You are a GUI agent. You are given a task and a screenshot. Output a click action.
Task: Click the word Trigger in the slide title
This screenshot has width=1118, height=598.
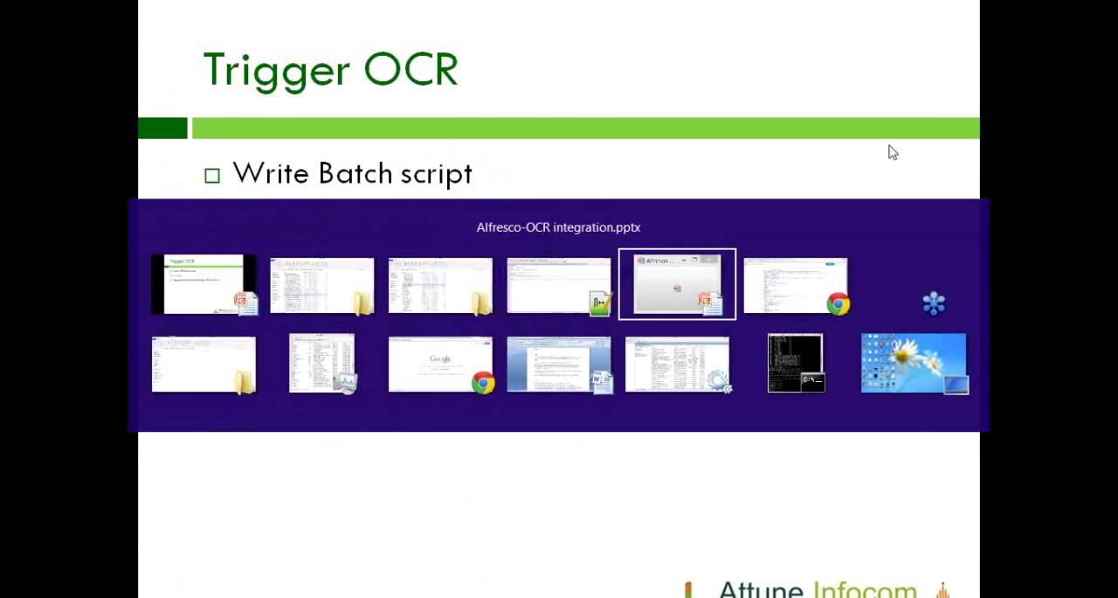[x=275, y=71]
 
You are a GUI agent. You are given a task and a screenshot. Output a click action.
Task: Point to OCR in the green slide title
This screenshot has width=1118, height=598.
[x=411, y=71]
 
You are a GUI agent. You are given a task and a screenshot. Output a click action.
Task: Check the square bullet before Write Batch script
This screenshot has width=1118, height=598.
[x=212, y=176]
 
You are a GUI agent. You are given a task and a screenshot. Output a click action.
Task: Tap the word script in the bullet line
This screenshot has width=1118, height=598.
[x=436, y=174]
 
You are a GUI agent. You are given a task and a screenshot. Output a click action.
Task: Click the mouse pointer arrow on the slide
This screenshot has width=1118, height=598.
[x=893, y=152]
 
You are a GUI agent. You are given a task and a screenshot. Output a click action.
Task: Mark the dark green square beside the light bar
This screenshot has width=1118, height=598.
[x=162, y=129]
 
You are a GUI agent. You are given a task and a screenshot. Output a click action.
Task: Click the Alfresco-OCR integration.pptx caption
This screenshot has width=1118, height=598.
[x=558, y=227]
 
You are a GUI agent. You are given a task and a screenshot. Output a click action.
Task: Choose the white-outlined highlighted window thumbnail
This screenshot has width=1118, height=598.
[x=677, y=284]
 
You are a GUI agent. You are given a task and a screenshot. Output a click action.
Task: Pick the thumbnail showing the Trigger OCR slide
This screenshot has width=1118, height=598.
[x=203, y=284]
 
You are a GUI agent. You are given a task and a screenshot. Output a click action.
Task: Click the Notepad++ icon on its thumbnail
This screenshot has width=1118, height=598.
[x=601, y=303]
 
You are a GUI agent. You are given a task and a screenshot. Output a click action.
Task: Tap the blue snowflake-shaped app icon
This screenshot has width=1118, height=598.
[x=934, y=303]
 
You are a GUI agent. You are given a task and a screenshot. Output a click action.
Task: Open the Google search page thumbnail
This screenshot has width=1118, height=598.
[x=439, y=363]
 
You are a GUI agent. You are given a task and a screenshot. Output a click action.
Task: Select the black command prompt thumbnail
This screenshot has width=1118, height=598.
[x=794, y=362]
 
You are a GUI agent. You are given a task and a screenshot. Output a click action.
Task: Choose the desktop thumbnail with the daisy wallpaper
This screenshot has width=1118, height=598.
[x=913, y=363]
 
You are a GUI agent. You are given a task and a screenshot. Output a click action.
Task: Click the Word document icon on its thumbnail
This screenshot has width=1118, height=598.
[x=603, y=382]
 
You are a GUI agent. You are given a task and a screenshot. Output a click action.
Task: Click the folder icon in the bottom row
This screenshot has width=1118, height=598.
[x=245, y=382]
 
